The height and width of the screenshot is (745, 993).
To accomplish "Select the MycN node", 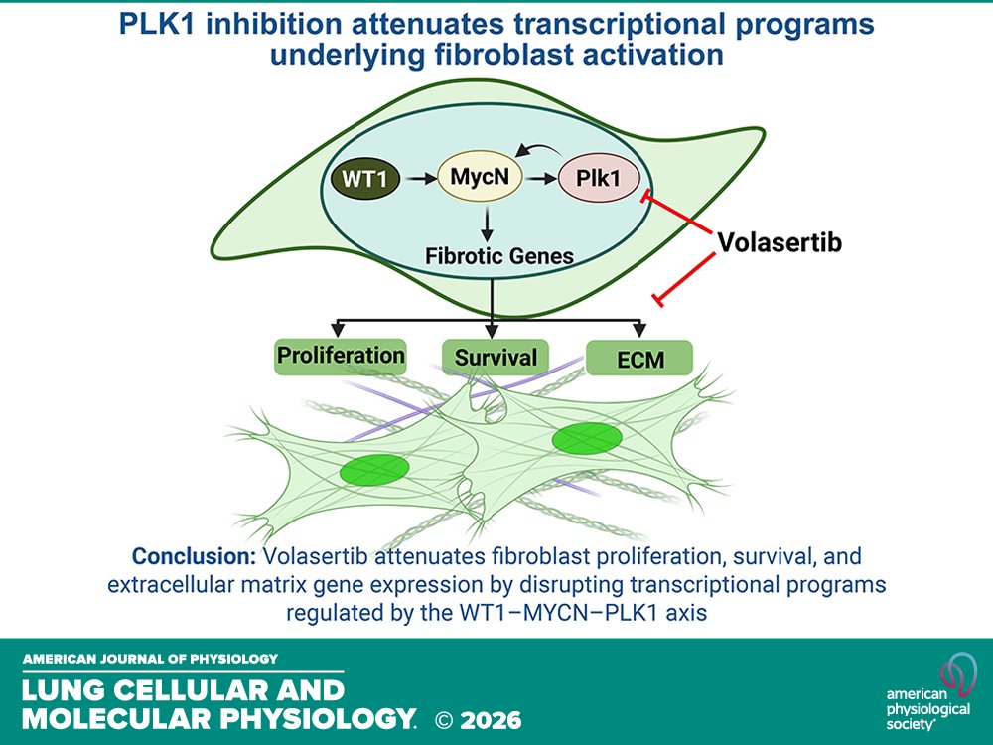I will pyautogui.click(x=480, y=181).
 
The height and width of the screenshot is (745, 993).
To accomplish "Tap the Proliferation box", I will pyautogui.click(x=341, y=355).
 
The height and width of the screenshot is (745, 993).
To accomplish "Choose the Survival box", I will pyautogui.click(x=495, y=357).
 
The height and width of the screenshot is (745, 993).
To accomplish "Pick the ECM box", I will pyautogui.click(x=639, y=359).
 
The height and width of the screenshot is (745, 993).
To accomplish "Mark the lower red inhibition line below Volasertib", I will pyautogui.click(x=685, y=278).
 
